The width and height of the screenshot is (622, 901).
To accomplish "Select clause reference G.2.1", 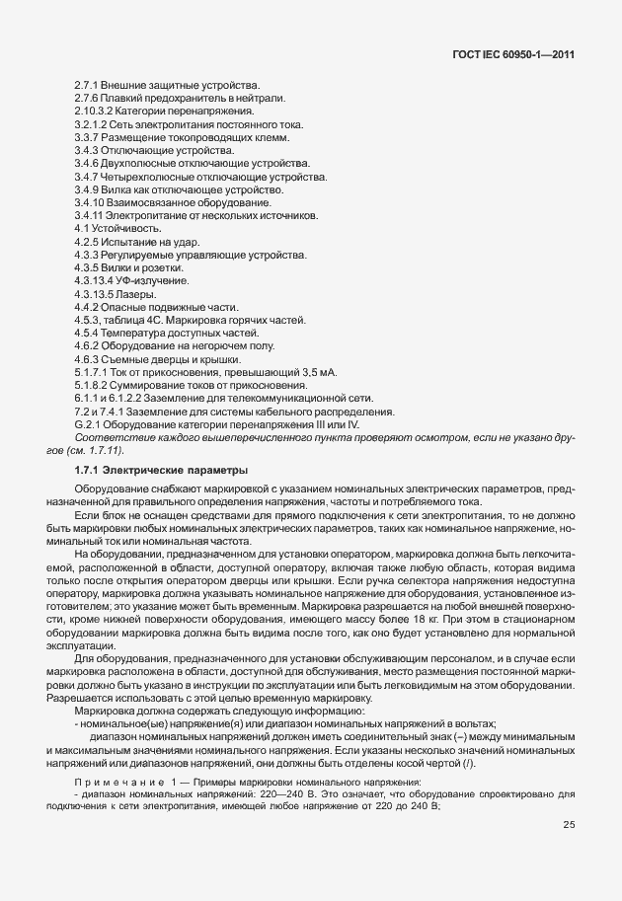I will (88, 424).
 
